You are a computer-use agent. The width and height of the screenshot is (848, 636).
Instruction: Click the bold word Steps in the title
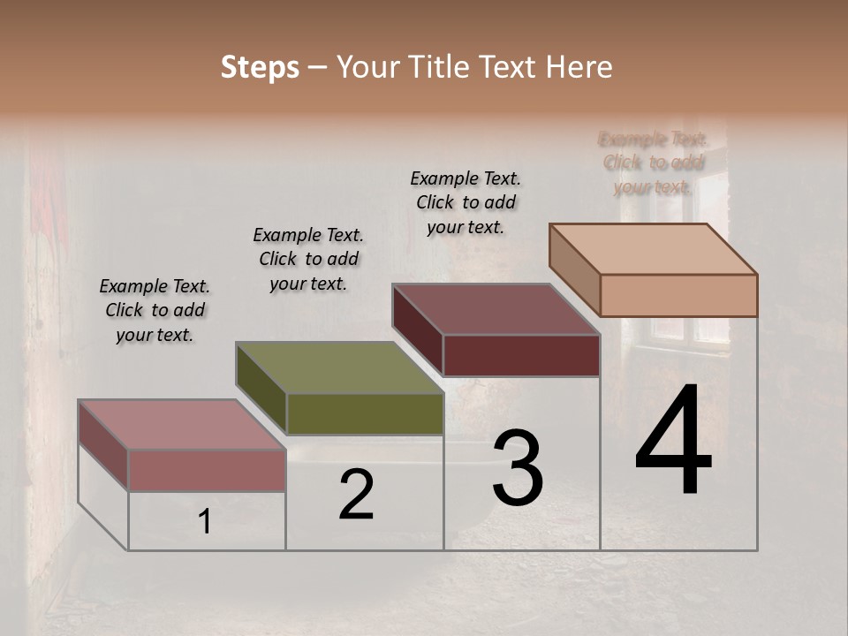pyautogui.click(x=260, y=67)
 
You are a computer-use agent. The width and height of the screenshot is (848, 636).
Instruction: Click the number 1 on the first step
pyautogui.click(x=204, y=522)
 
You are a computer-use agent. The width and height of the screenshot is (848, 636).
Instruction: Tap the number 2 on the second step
pyautogui.click(x=356, y=495)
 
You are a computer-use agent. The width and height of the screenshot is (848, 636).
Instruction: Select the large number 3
pyautogui.click(x=518, y=467)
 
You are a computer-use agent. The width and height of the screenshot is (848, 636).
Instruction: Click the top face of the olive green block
pyautogui.click(x=339, y=367)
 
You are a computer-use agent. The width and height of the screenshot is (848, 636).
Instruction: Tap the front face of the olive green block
pyautogui.click(x=365, y=414)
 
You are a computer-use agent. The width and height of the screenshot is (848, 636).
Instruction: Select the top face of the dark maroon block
pyautogui.click(x=496, y=309)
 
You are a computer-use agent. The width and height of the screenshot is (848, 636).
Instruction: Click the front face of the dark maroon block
pyautogui.click(x=521, y=355)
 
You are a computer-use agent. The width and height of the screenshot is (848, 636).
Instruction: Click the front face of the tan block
pyautogui.click(x=678, y=295)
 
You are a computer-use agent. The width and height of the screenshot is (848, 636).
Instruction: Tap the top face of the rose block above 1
pyautogui.click(x=182, y=425)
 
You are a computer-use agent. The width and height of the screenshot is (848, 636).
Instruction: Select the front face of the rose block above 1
pyautogui.click(x=207, y=470)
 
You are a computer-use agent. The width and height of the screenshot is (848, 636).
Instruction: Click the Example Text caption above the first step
pyautogui.click(x=155, y=310)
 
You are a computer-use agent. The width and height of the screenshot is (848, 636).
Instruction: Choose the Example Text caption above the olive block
pyautogui.click(x=308, y=259)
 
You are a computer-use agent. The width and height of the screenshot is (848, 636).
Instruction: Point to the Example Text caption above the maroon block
pyautogui.click(x=466, y=202)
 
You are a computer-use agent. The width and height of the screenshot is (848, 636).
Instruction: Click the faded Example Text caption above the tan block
pyautogui.click(x=653, y=163)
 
